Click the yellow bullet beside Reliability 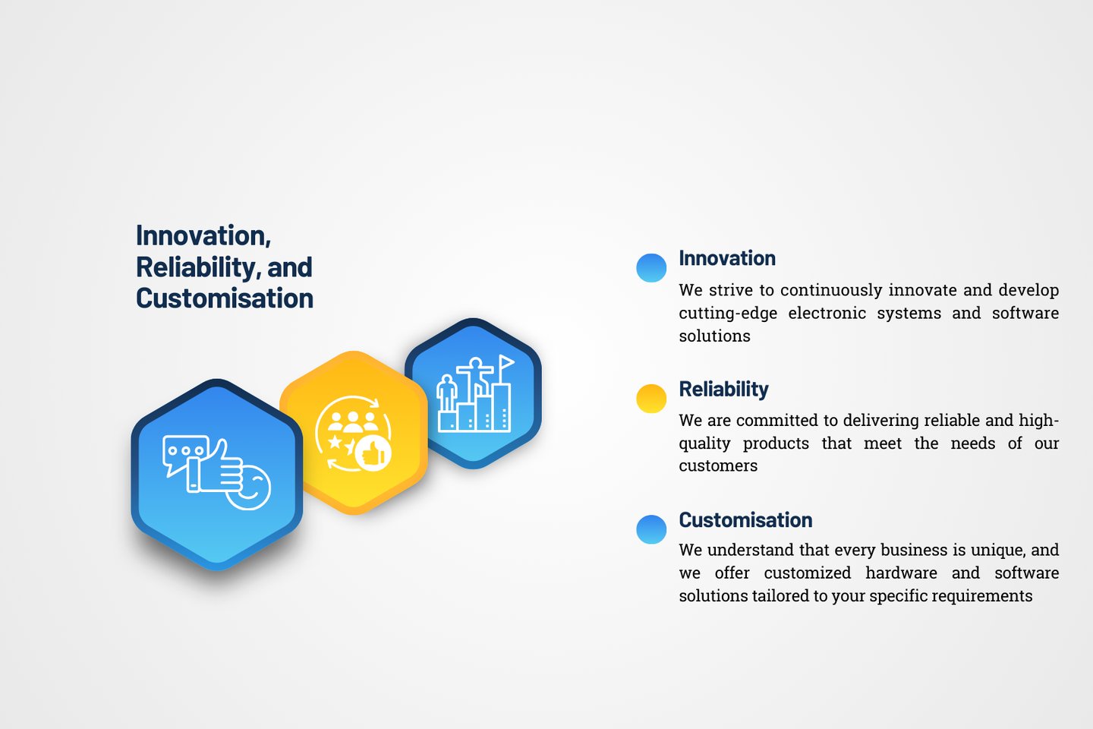click(x=651, y=399)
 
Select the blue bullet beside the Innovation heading click(x=651, y=267)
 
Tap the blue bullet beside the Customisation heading click(x=651, y=529)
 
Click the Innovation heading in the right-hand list click(x=727, y=258)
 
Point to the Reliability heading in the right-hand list click(x=723, y=389)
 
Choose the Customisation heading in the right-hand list click(x=745, y=520)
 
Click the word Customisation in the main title click(x=225, y=298)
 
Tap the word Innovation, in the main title click(x=203, y=236)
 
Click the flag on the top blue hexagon click(x=506, y=362)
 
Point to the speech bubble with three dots click(x=184, y=453)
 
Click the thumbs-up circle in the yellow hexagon click(x=373, y=454)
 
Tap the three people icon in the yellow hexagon click(x=352, y=422)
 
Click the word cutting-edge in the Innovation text click(x=728, y=314)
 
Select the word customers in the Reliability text click(x=718, y=465)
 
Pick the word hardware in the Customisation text click(x=901, y=573)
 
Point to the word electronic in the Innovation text click(x=827, y=313)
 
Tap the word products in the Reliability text click(x=776, y=443)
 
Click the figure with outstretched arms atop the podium click(x=475, y=378)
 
